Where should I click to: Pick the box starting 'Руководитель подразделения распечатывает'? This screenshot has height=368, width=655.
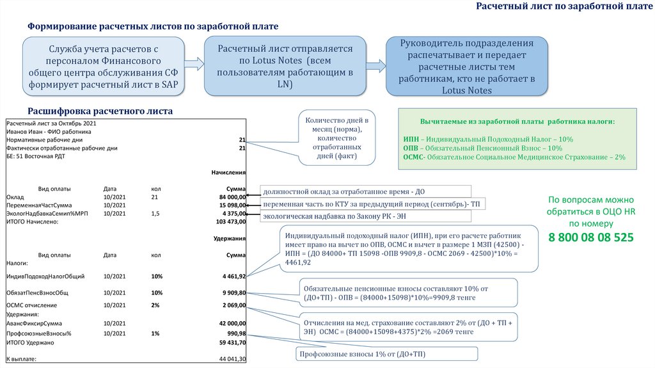click(x=466, y=67)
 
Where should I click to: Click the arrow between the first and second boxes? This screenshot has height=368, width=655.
click(x=194, y=64)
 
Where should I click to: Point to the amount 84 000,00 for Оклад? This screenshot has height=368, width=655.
click(x=232, y=197)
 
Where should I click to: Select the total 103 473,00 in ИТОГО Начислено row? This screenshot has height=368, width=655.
click(x=231, y=221)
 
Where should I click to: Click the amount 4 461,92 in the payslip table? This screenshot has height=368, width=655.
click(x=233, y=276)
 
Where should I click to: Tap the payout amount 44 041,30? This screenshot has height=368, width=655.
click(x=232, y=359)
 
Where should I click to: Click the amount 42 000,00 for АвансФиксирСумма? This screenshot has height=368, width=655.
click(x=232, y=324)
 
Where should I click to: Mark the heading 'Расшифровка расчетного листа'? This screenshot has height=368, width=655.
click(x=100, y=111)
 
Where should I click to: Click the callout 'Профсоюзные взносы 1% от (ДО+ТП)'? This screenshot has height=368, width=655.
click(x=386, y=354)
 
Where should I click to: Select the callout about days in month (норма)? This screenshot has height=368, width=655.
click(x=336, y=138)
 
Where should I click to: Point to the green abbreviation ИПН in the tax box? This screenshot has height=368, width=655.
click(x=411, y=139)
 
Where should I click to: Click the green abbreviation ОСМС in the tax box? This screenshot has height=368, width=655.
click(x=414, y=157)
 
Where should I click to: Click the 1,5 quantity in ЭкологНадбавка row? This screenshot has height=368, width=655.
click(x=155, y=214)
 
